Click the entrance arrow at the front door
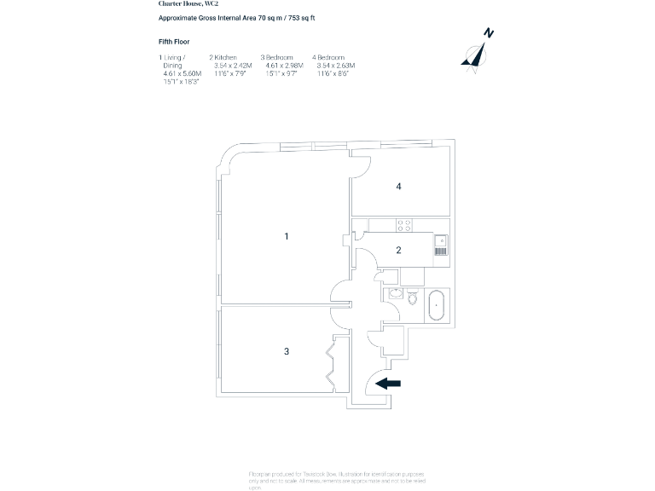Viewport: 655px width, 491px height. [388, 384]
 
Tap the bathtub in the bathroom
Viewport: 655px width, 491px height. [435, 304]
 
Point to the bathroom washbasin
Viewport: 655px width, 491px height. [395, 294]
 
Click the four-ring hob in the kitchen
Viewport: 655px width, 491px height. [404, 226]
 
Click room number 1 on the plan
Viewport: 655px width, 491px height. [287, 235]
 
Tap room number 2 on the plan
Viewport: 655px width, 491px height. [398, 250]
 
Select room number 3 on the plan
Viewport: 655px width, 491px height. [287, 350]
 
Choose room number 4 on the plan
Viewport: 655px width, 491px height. [398, 186]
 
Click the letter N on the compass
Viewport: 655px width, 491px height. [489, 33]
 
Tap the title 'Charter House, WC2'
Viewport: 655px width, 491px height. [185, 3]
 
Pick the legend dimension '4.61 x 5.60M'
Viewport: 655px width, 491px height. [182, 73]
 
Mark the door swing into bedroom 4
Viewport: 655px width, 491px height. [361, 166]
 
